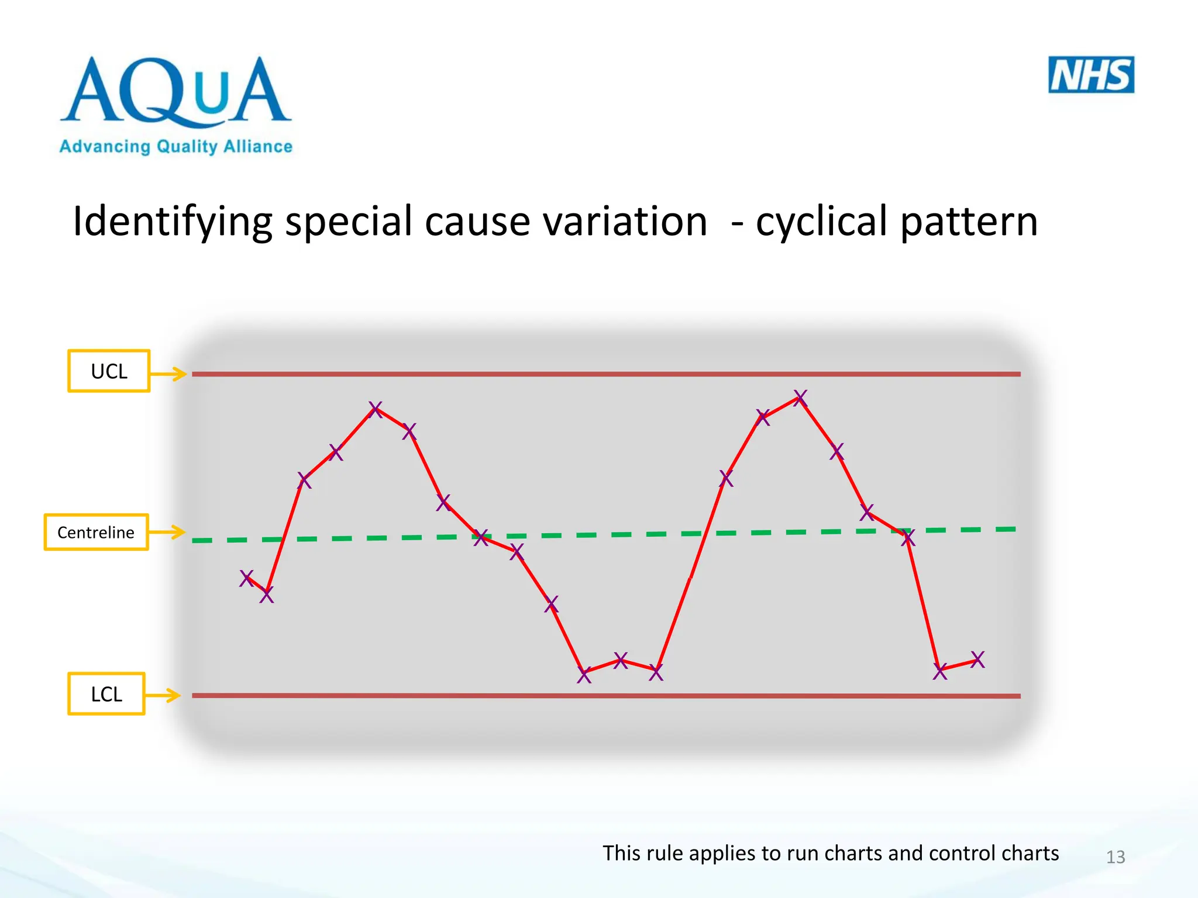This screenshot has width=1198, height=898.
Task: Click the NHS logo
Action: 1091,75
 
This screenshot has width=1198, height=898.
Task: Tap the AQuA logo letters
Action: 175,91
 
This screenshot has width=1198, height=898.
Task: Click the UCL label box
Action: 109,371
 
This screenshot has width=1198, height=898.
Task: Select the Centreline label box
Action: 96,532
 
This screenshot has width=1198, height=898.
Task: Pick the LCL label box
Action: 106,694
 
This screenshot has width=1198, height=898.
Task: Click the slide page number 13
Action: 1116,857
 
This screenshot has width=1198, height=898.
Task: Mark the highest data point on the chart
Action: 800,398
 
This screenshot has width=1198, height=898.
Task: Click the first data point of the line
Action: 247,578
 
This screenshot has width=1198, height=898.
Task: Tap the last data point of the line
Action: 977,659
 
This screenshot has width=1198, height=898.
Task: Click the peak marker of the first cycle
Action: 376,409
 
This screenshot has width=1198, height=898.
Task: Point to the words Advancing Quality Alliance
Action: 175,146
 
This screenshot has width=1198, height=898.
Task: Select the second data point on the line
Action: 267,595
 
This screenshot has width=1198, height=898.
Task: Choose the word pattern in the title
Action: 969,222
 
